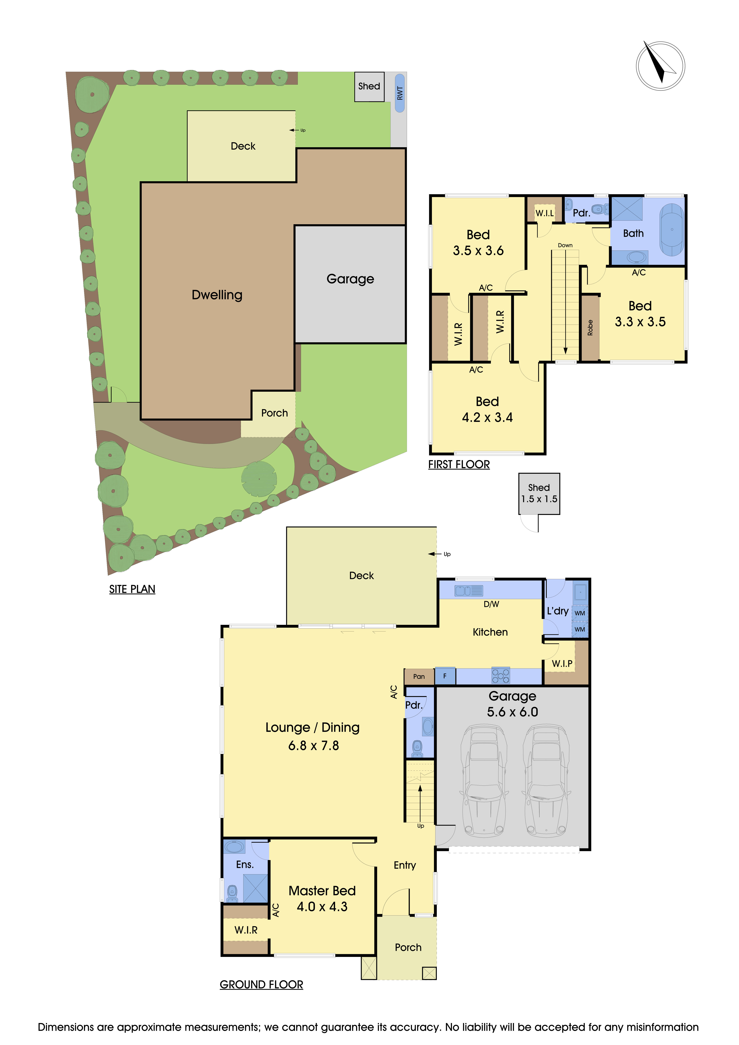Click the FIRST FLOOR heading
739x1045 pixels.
459,465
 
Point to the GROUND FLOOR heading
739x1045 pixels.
261,985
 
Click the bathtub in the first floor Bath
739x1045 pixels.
672,229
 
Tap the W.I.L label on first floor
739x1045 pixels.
544,213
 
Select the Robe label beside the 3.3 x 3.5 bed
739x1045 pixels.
590,328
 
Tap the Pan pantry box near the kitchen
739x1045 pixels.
419,676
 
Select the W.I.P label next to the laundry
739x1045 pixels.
562,664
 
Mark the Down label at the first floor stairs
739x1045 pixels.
565,245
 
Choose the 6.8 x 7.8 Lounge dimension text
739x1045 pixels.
313,745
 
